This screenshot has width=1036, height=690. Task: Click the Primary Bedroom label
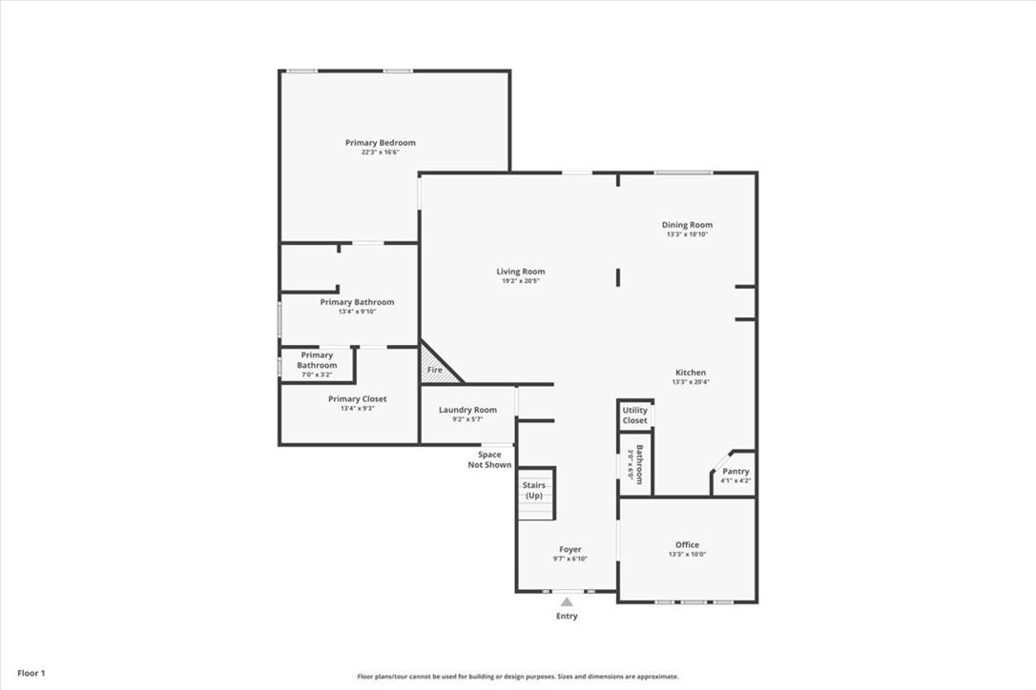(x=380, y=143)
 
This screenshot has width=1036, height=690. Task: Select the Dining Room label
(x=687, y=225)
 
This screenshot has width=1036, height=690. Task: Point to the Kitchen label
(x=690, y=373)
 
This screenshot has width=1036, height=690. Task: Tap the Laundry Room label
(x=467, y=410)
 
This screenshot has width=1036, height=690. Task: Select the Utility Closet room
(x=634, y=416)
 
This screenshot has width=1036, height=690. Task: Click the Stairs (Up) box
(x=534, y=492)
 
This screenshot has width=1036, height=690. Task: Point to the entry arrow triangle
(x=567, y=601)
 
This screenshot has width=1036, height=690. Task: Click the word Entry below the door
(x=567, y=617)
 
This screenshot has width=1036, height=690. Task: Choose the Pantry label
(x=736, y=471)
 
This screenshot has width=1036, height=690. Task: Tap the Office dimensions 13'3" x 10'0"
(x=687, y=555)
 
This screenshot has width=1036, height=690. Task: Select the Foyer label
(x=570, y=549)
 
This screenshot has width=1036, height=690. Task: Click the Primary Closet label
(x=357, y=399)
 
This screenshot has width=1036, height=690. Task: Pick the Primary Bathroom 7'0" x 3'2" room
(x=317, y=365)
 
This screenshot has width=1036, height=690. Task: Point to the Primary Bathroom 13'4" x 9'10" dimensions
(x=357, y=312)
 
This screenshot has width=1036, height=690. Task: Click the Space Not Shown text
(x=489, y=459)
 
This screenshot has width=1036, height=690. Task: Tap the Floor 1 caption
(x=31, y=673)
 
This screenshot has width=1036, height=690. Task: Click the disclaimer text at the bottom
(x=518, y=677)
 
